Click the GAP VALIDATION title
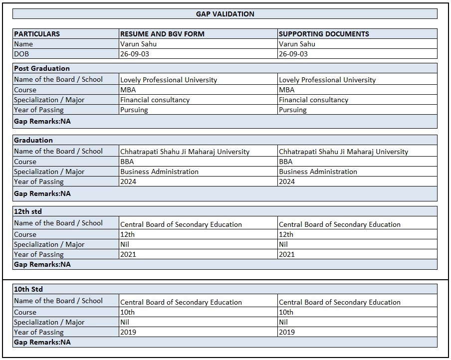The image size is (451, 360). click(x=225, y=14)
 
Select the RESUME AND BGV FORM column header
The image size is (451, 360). click(x=162, y=34)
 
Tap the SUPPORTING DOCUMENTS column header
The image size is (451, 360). click(x=324, y=34)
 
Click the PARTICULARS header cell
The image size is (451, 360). click(x=37, y=34)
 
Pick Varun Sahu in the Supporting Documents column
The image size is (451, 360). click(x=297, y=44)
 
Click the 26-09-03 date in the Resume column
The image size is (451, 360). click(x=134, y=54)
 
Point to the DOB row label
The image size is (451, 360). click(x=22, y=54)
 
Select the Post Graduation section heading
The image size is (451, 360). click(x=42, y=68)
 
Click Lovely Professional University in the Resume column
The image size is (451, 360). click(x=169, y=80)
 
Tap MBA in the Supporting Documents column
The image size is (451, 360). click(x=286, y=90)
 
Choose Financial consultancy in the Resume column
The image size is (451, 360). click(x=155, y=100)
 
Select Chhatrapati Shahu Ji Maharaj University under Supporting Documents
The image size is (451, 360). click(x=343, y=152)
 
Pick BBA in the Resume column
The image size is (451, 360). click(x=127, y=162)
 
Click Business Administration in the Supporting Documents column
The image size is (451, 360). click(x=318, y=172)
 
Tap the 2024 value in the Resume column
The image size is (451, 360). click(x=128, y=181)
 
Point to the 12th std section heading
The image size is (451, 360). click(x=28, y=211)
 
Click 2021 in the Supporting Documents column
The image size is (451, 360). click(x=287, y=254)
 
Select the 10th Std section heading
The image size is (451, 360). click(x=28, y=289)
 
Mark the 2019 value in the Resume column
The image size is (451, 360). click(x=128, y=332)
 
